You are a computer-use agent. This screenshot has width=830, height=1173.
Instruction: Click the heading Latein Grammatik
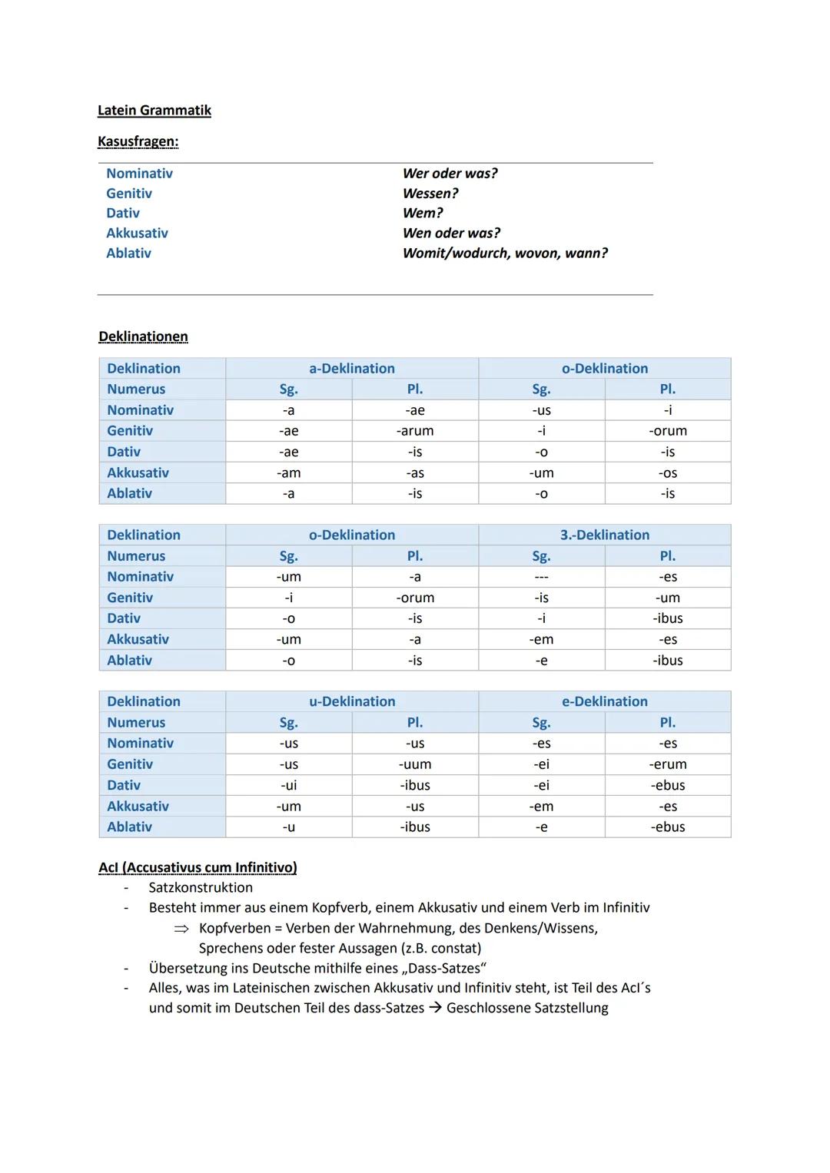click(x=154, y=111)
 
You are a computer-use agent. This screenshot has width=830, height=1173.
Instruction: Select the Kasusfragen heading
click(x=138, y=142)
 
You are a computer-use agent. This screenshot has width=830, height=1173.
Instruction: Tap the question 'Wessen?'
click(x=430, y=194)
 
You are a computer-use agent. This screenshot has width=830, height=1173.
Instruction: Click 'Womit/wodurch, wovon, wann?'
click(x=505, y=253)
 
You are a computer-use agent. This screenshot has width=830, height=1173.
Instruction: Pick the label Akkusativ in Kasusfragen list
click(x=137, y=234)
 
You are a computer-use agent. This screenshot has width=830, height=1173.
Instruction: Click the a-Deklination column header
click(x=351, y=369)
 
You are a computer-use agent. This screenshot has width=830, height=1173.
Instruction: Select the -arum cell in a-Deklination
click(x=415, y=431)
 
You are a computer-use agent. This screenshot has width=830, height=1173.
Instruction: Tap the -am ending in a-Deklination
click(x=288, y=473)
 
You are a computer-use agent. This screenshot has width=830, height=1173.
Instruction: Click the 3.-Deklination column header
click(x=604, y=535)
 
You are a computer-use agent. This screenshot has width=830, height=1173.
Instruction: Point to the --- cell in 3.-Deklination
click(x=541, y=577)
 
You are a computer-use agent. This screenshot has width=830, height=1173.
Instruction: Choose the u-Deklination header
click(x=351, y=701)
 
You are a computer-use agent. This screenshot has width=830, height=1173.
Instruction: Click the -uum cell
click(x=415, y=764)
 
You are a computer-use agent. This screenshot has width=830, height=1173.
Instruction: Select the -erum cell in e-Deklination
click(x=667, y=764)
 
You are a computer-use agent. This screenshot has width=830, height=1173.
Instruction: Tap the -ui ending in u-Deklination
click(x=288, y=785)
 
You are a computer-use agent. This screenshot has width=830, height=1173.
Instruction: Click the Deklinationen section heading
click(x=143, y=336)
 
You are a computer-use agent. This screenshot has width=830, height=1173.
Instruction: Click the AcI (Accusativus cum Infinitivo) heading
click(x=198, y=867)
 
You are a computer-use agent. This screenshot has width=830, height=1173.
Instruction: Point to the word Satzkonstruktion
click(x=201, y=888)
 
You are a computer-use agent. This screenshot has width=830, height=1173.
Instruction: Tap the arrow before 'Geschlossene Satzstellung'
click(x=435, y=1008)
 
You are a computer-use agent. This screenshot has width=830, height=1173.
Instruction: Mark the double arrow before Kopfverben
click(x=181, y=929)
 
